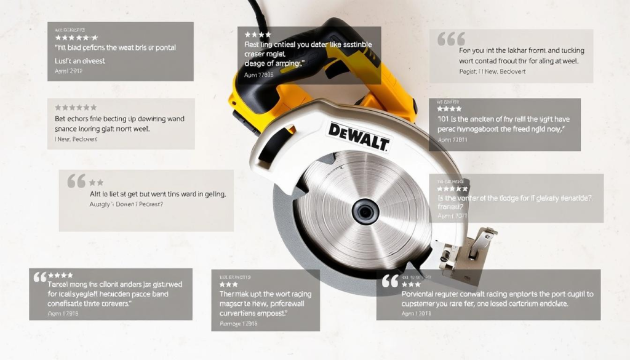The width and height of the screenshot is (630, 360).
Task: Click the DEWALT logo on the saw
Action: pos(359,136)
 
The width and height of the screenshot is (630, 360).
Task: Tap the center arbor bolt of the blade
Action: pos(364,211)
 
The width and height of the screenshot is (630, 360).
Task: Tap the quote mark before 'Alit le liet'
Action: pos(76,182)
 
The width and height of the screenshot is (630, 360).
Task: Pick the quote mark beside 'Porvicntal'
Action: pos(390,281)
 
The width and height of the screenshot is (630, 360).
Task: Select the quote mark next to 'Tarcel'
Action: pos(40,277)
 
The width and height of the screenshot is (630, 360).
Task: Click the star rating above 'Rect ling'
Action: pos(258,35)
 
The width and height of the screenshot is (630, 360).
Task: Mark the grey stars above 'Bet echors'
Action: pos(76,108)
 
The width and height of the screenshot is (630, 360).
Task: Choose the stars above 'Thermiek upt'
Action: pos(228,284)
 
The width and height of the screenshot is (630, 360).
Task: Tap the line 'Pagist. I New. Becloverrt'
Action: pos(492,71)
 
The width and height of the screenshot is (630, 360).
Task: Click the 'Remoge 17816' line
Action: pos(239,323)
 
